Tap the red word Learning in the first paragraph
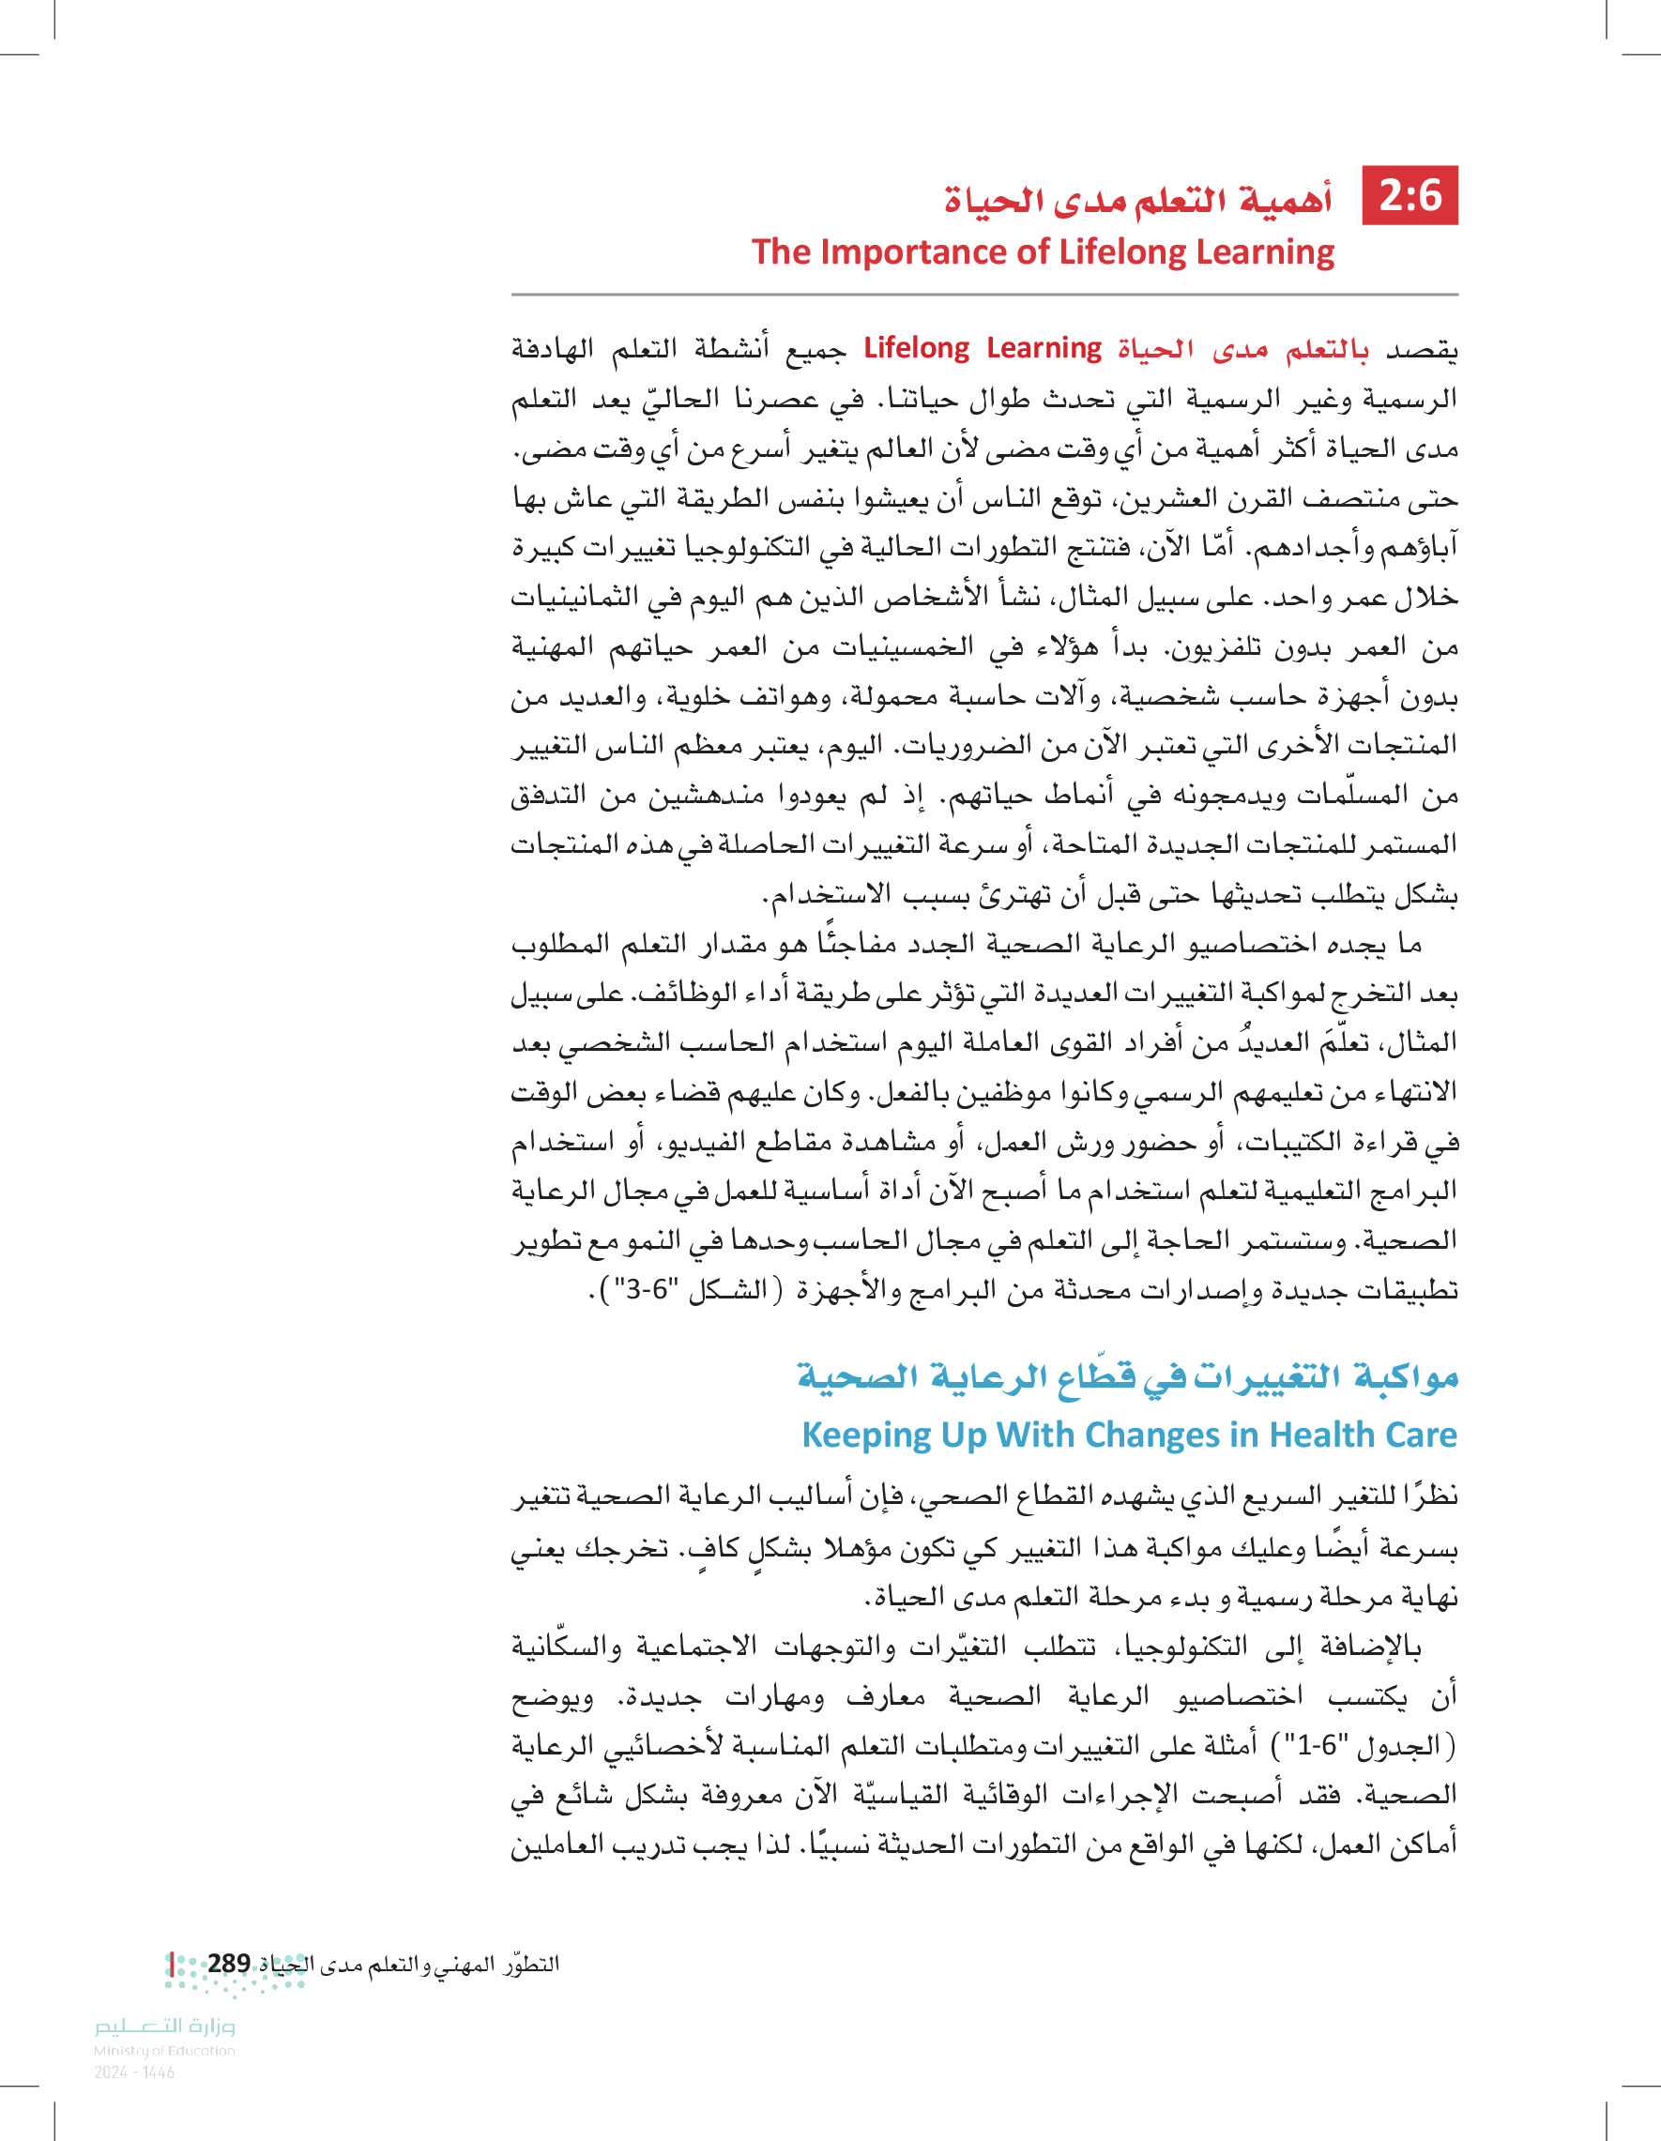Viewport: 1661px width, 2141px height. (x=1044, y=348)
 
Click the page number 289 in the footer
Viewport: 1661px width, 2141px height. (x=228, y=1964)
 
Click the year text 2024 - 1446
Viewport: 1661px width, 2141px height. (x=134, y=2073)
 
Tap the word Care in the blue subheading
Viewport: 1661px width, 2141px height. (x=1420, y=1435)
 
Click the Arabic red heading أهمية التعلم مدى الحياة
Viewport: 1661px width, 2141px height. (x=1138, y=200)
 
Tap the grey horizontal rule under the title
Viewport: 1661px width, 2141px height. (x=983, y=294)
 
